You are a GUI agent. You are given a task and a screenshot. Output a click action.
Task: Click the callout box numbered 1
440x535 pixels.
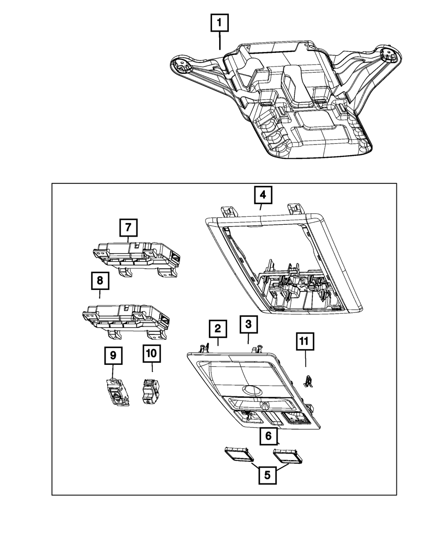(x=220, y=23)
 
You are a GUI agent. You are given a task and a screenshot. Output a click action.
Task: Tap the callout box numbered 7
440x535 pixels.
(x=128, y=228)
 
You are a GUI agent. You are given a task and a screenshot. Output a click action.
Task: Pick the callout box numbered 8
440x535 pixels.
(x=100, y=280)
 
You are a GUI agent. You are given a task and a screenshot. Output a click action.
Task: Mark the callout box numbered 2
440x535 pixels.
(x=218, y=329)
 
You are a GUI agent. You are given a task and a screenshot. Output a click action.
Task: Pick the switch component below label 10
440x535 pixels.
(x=150, y=390)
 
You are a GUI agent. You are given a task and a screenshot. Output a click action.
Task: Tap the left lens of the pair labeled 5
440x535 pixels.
(x=238, y=454)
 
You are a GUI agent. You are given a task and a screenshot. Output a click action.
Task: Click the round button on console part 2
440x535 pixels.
(x=250, y=389)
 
